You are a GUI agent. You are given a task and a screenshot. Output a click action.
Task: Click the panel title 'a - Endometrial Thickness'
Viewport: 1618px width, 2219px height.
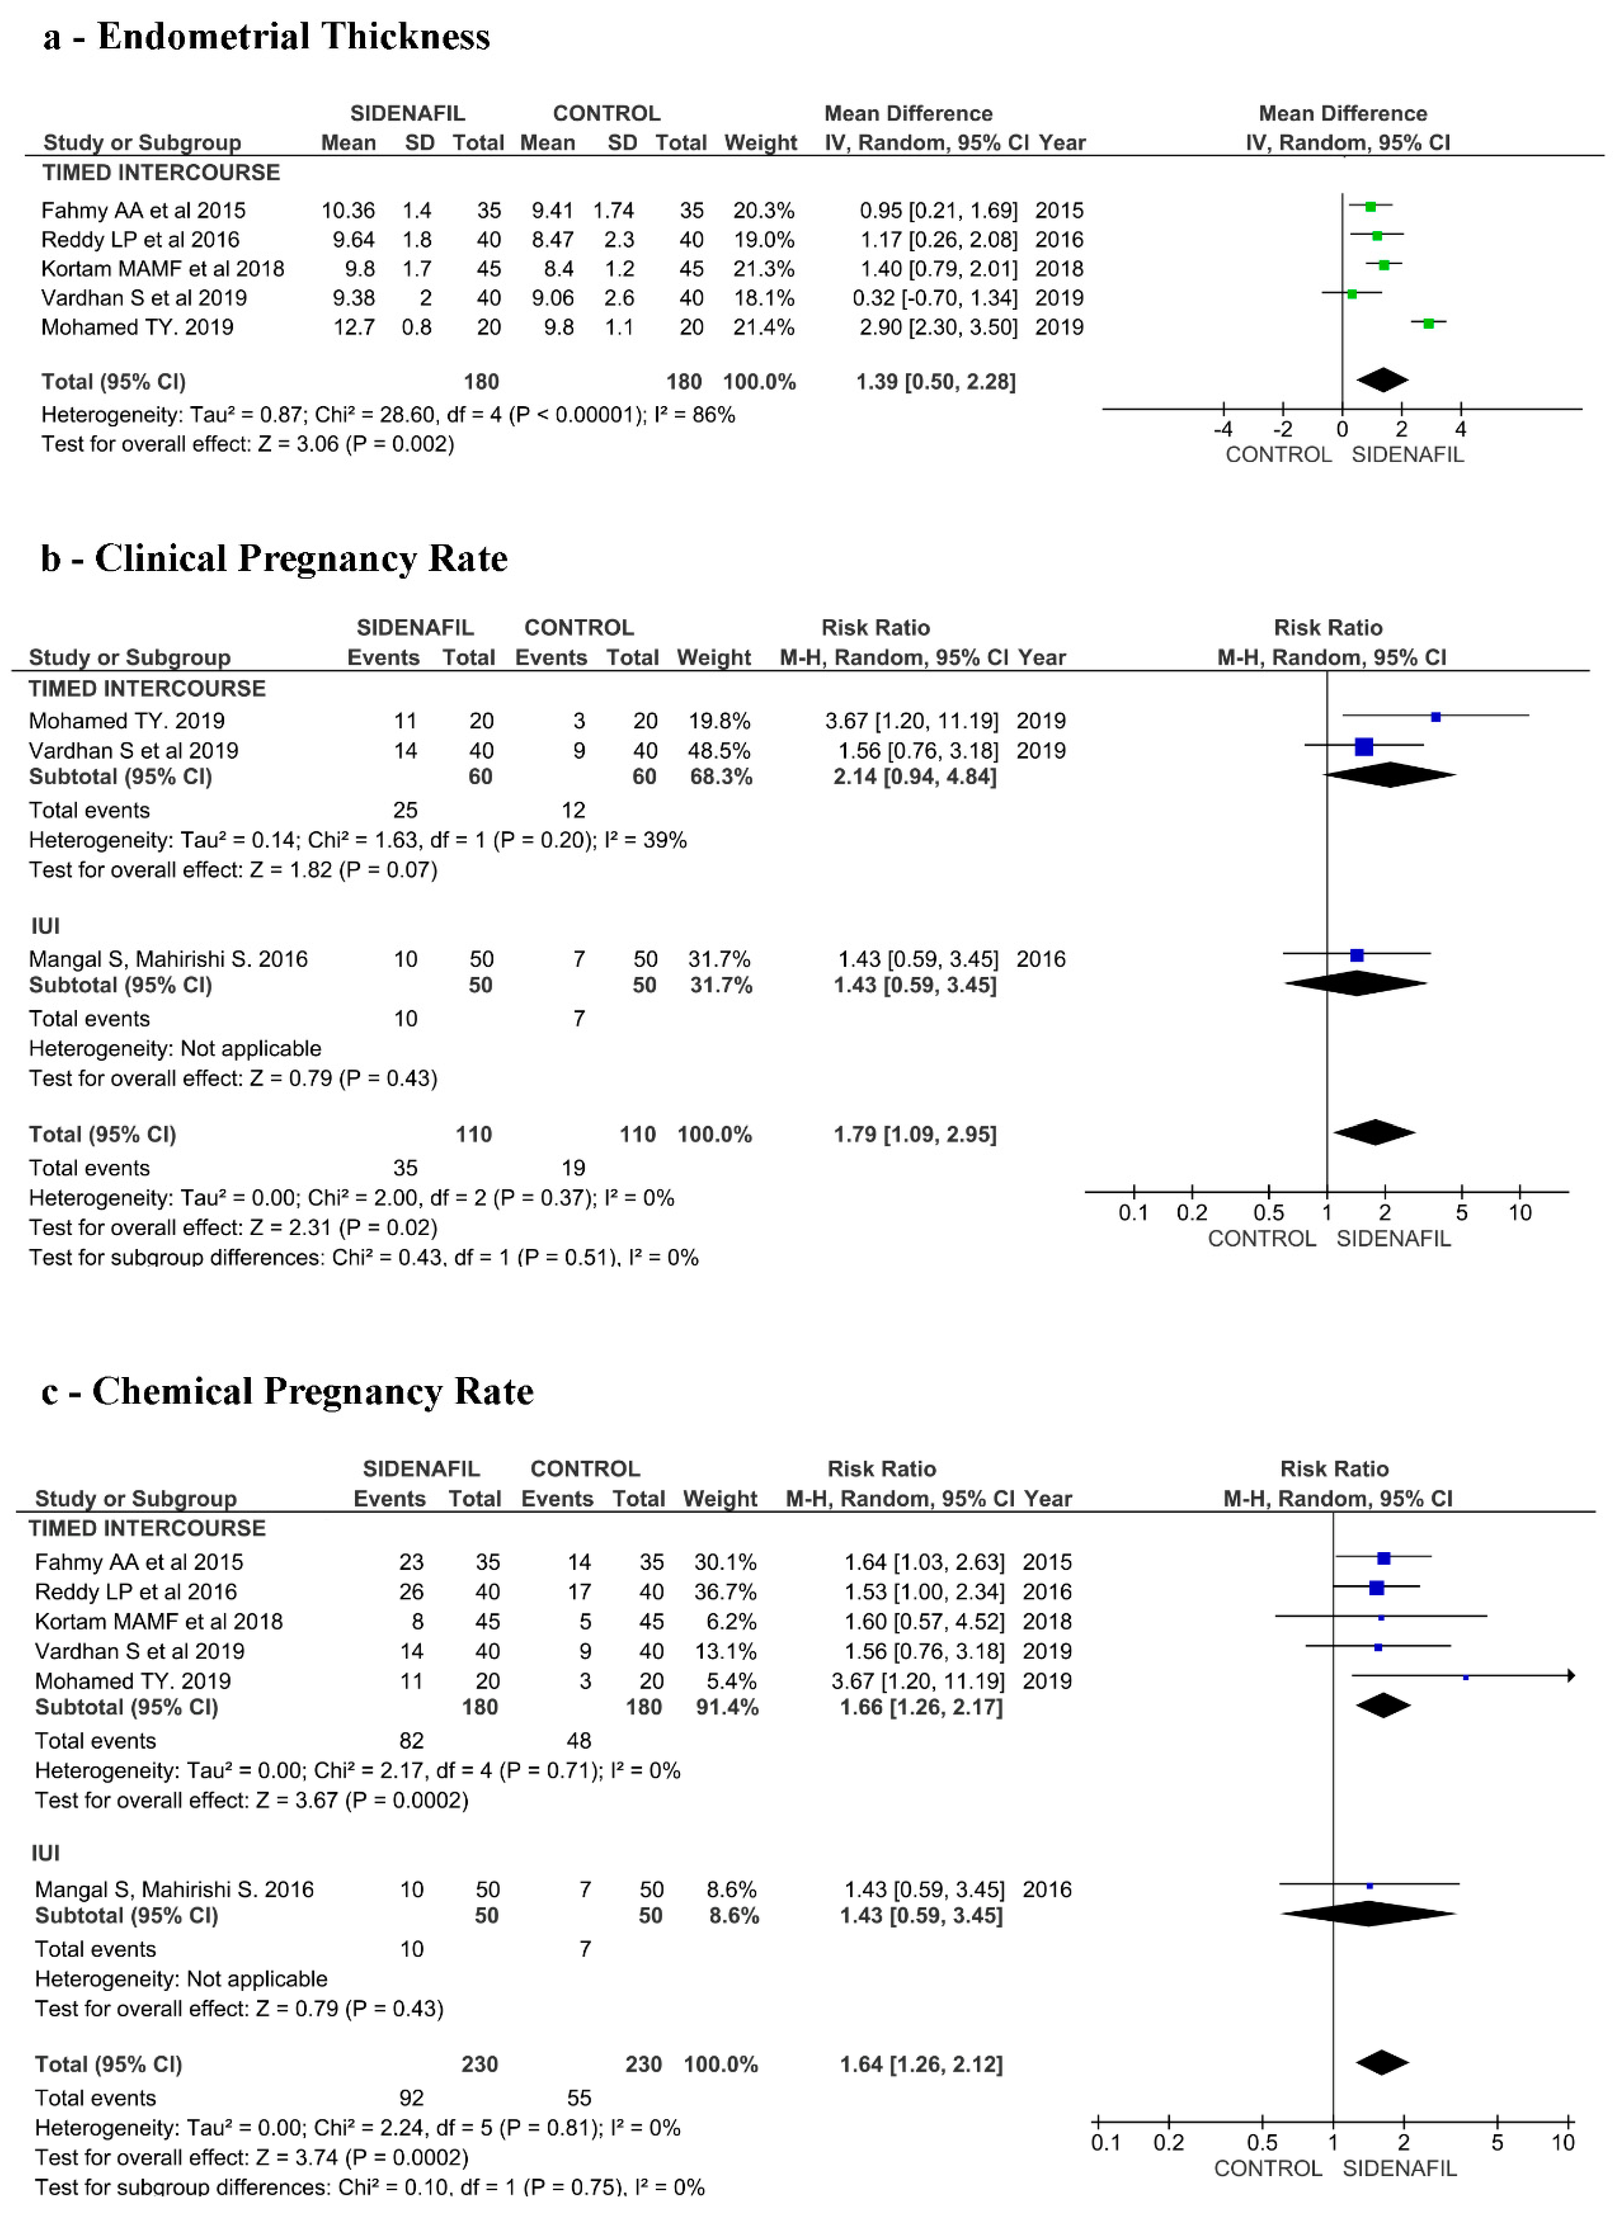[x=266, y=37]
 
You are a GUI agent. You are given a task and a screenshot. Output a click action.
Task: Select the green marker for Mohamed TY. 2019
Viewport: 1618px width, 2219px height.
[x=1428, y=323]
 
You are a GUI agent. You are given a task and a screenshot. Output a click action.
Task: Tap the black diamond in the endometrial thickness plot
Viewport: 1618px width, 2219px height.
[x=1382, y=380]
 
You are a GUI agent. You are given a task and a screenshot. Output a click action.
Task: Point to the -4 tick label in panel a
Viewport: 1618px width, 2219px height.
[x=1224, y=429]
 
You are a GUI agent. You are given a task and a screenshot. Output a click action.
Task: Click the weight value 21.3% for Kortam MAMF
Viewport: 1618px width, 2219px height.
[x=764, y=268]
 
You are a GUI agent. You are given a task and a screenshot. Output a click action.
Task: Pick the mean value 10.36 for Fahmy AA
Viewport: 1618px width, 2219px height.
[x=348, y=210]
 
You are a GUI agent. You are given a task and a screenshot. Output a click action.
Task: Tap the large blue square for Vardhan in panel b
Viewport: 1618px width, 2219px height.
[x=1363, y=747]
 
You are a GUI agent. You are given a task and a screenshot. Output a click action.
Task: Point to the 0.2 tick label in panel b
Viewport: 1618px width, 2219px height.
[x=1192, y=1212]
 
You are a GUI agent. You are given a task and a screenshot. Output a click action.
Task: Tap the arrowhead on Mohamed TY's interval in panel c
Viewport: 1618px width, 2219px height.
[x=1571, y=1676]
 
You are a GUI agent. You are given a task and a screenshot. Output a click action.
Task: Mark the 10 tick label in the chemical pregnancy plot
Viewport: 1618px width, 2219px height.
[x=1563, y=2143]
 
